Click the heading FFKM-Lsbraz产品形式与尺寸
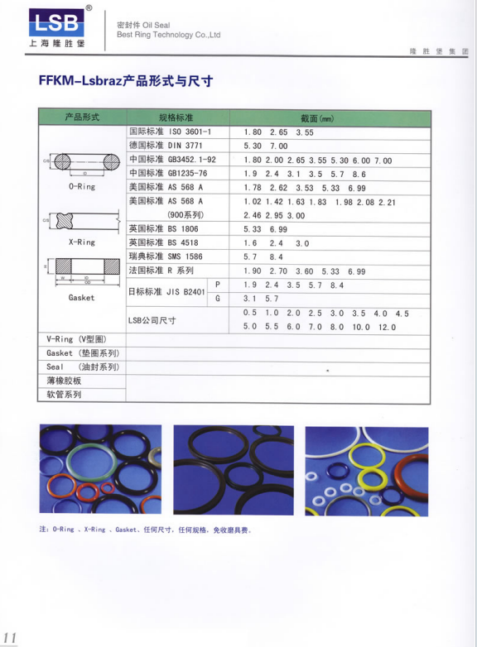tap(126, 80)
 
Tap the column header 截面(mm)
tap(316, 117)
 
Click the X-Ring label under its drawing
tap(81, 242)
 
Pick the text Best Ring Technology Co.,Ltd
tap(168, 36)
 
